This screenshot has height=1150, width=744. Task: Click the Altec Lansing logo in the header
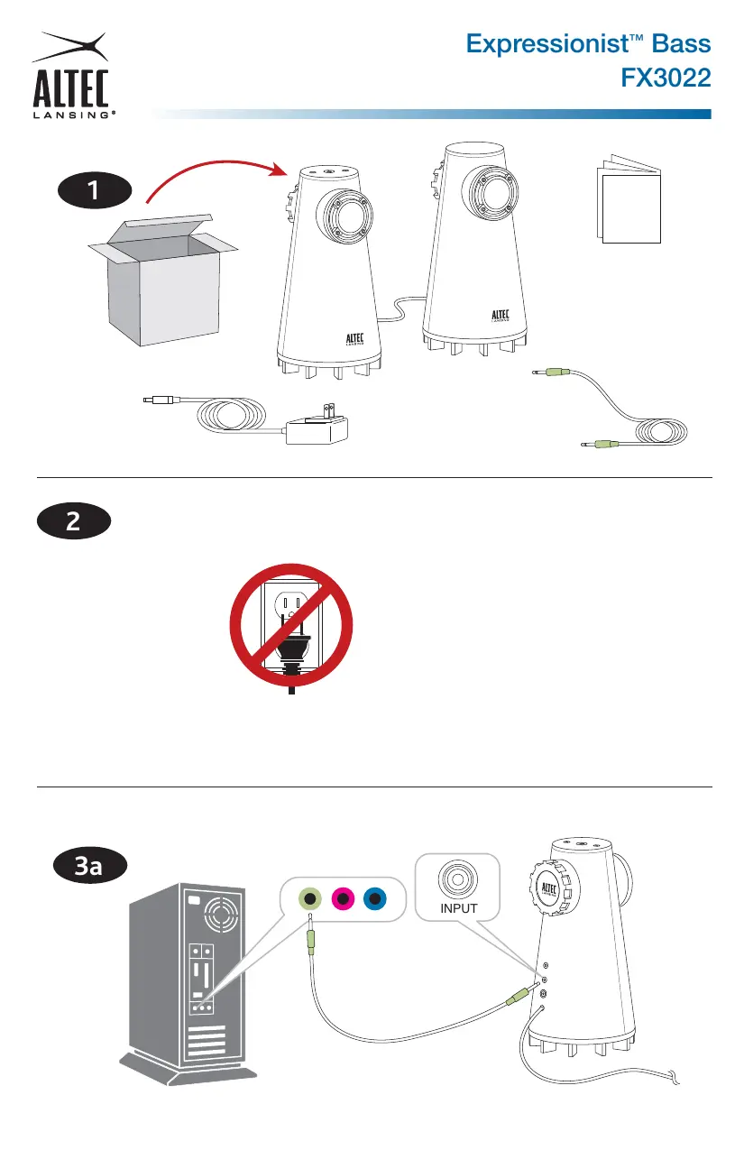coord(71,76)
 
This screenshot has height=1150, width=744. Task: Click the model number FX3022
coord(666,78)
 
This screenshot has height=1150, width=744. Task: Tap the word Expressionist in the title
coord(547,45)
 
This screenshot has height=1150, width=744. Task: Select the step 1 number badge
coord(95,190)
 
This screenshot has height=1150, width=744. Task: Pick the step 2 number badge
coord(74,521)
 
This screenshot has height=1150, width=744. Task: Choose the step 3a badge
coord(90,866)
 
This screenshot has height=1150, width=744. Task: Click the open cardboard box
coord(162,281)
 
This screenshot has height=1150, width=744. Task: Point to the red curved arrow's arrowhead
coord(279,169)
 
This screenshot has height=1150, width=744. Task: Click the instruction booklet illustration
coord(629,198)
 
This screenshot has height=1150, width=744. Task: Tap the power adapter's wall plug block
coord(317,425)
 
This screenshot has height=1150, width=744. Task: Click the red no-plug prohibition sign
coord(291,625)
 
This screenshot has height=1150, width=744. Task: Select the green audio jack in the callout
coord(310,899)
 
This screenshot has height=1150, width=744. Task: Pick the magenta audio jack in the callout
coord(343,899)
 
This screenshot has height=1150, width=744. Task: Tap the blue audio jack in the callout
coord(375,899)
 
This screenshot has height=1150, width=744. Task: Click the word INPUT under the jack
coord(458,908)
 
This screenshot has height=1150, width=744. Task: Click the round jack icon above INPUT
coord(458,879)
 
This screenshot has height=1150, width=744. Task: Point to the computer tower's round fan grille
coord(222,914)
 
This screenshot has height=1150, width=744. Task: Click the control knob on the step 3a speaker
coord(554,889)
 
